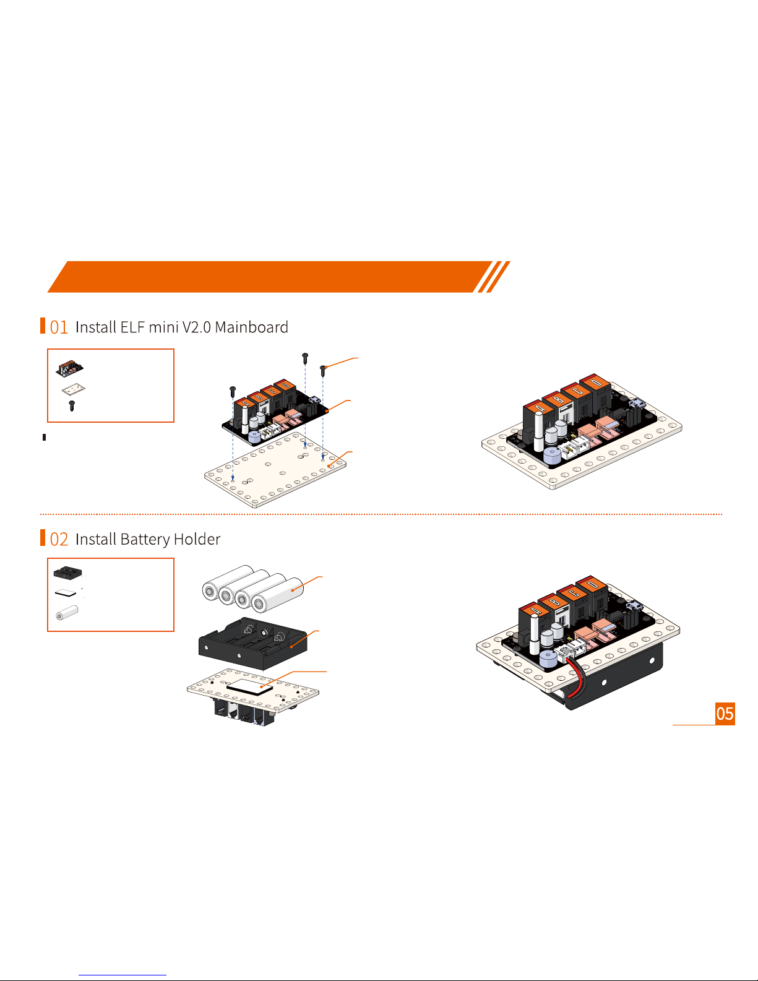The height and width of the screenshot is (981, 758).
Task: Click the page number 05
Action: (x=725, y=714)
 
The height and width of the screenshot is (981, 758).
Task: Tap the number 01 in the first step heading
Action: (x=59, y=327)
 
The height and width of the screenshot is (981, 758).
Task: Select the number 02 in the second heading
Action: (x=59, y=540)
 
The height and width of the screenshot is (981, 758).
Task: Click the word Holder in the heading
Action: (x=197, y=539)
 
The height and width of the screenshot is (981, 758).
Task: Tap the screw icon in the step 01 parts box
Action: (x=72, y=406)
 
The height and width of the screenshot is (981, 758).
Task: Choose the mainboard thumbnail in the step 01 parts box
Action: (x=70, y=369)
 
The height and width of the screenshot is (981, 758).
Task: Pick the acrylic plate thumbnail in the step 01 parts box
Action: (x=73, y=390)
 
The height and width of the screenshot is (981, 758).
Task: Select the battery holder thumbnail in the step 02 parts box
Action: (x=68, y=573)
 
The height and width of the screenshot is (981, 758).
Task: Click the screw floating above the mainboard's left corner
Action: (x=233, y=391)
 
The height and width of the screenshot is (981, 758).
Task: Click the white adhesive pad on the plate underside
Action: (x=250, y=687)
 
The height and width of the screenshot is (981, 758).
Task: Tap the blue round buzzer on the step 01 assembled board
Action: (x=551, y=457)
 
